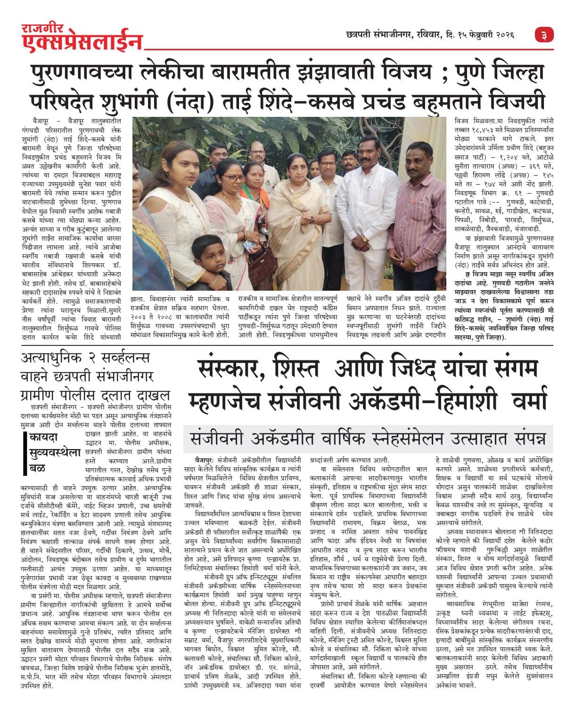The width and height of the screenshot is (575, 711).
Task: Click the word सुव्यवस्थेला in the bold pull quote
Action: [54, 453]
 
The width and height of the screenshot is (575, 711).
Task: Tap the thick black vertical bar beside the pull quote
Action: [25, 454]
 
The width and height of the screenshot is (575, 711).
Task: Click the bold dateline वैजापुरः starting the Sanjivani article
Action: [205, 459]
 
